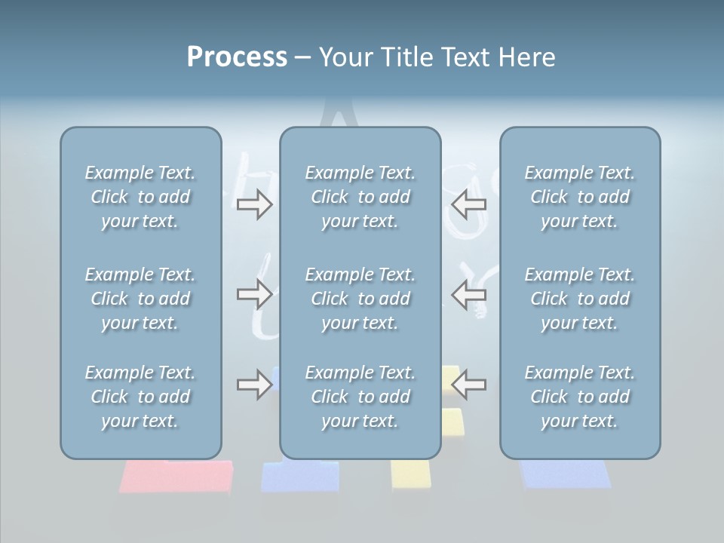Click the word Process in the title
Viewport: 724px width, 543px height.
(237, 57)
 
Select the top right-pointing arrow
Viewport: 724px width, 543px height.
(254, 204)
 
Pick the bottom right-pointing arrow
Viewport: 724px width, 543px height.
(254, 384)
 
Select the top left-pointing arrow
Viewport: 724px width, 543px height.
(469, 204)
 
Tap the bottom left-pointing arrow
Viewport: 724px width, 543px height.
(469, 384)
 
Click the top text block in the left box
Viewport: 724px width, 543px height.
(140, 197)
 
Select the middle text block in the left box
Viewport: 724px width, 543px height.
(140, 299)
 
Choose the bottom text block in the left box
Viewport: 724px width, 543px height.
(140, 397)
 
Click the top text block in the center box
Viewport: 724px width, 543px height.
(360, 197)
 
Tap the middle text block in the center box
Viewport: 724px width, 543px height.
(360, 299)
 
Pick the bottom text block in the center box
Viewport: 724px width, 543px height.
(360, 397)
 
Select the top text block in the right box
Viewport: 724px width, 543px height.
(579, 197)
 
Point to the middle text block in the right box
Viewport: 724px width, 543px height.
(579, 299)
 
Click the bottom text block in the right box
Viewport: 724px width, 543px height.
(579, 397)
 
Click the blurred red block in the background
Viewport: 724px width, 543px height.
(176, 477)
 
